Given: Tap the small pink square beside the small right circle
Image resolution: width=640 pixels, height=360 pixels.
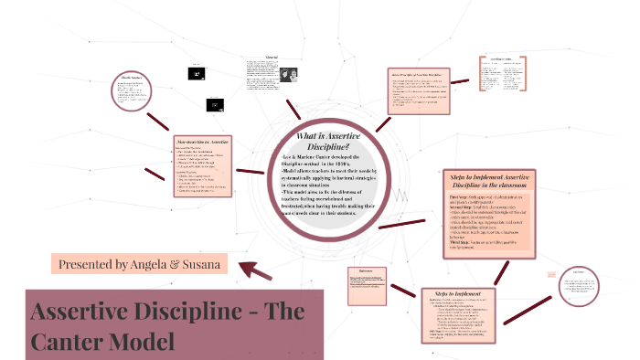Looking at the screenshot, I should point(549,274).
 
